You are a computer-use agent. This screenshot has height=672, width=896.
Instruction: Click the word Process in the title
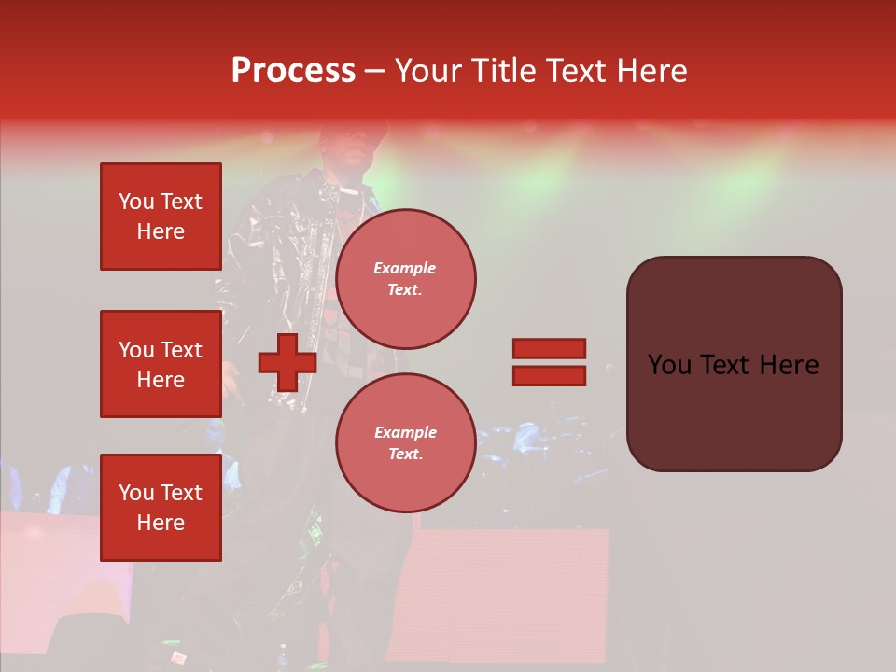(x=293, y=71)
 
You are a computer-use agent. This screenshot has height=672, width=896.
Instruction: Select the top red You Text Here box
(x=161, y=217)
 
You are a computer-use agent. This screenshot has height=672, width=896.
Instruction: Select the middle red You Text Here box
(x=161, y=364)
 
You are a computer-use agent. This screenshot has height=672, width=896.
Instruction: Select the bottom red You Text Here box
(x=161, y=508)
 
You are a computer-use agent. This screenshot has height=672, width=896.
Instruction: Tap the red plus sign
(x=287, y=363)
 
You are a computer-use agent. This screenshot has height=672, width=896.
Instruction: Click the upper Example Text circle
(x=405, y=278)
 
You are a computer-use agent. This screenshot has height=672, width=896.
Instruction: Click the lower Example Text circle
(x=405, y=442)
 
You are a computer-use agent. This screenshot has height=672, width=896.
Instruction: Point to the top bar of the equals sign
(x=549, y=349)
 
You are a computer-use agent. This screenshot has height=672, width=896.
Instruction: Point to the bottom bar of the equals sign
(x=549, y=376)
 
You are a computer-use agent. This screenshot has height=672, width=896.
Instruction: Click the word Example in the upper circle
(x=405, y=268)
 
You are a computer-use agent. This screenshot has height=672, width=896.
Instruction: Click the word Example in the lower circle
(x=405, y=432)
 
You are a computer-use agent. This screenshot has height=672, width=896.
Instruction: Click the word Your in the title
(x=428, y=71)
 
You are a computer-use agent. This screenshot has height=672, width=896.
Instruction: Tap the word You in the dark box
(x=670, y=365)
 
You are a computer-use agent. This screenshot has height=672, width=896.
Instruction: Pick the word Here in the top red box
(x=161, y=231)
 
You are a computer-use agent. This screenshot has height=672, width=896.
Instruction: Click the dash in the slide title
(x=375, y=72)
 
